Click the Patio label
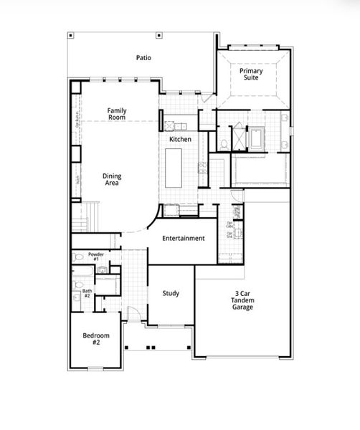[x=144, y=57]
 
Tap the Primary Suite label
[x=252, y=75]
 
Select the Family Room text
[x=118, y=114]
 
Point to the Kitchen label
[x=180, y=138]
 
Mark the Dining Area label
[x=112, y=178]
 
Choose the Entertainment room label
[x=184, y=238]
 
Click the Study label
[x=171, y=293]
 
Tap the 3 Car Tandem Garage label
[x=244, y=300]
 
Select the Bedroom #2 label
[x=95, y=339]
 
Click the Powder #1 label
[x=96, y=257]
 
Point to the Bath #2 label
[x=87, y=293]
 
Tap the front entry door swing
[x=133, y=313]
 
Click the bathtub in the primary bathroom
[x=256, y=136]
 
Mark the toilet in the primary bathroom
[x=224, y=144]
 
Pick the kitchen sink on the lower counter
[x=172, y=209]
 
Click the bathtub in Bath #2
[x=108, y=285]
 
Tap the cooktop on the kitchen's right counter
[x=203, y=168]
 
